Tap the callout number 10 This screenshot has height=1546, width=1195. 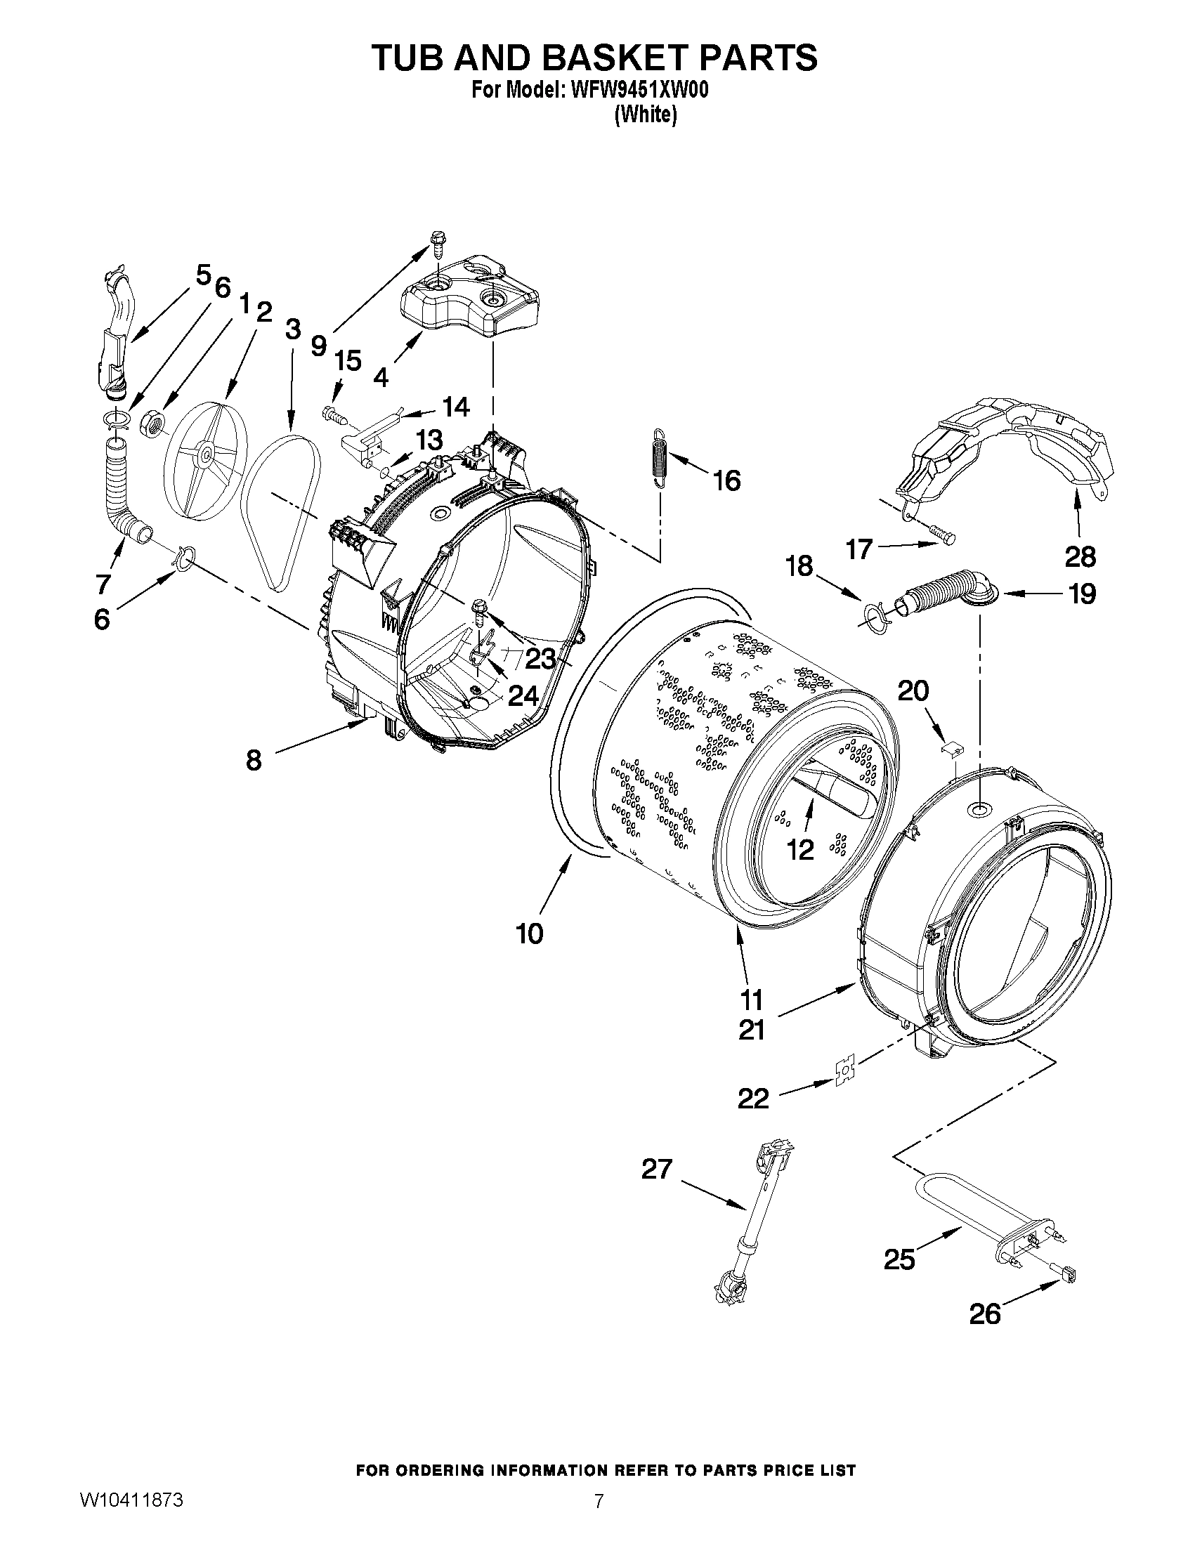click(x=530, y=933)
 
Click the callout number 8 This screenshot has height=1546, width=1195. click(x=253, y=760)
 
